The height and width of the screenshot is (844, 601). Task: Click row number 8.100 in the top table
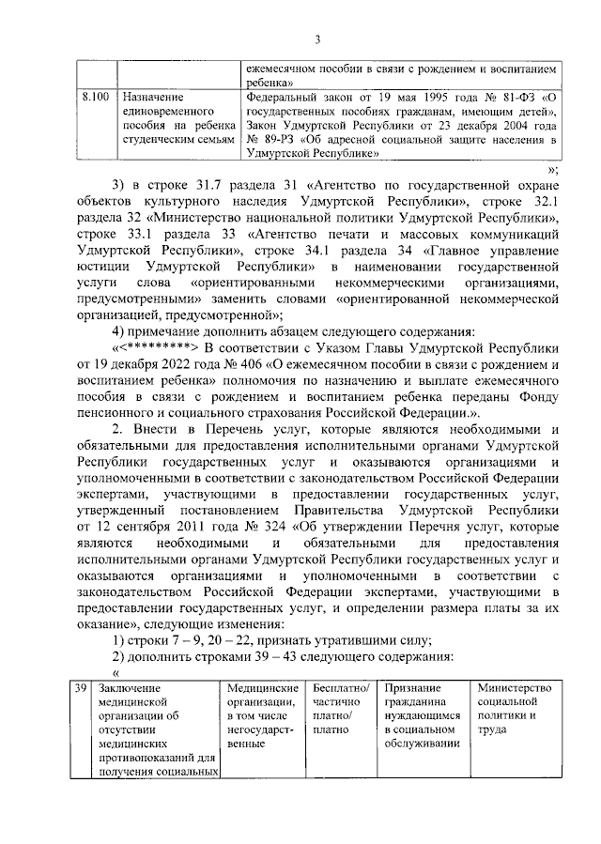[95, 97]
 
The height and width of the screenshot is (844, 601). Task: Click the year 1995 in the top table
[433, 97]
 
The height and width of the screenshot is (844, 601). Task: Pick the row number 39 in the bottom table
[82, 690]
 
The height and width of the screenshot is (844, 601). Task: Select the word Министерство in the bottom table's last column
[514, 690]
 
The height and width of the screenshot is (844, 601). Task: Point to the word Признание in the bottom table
[413, 690]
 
